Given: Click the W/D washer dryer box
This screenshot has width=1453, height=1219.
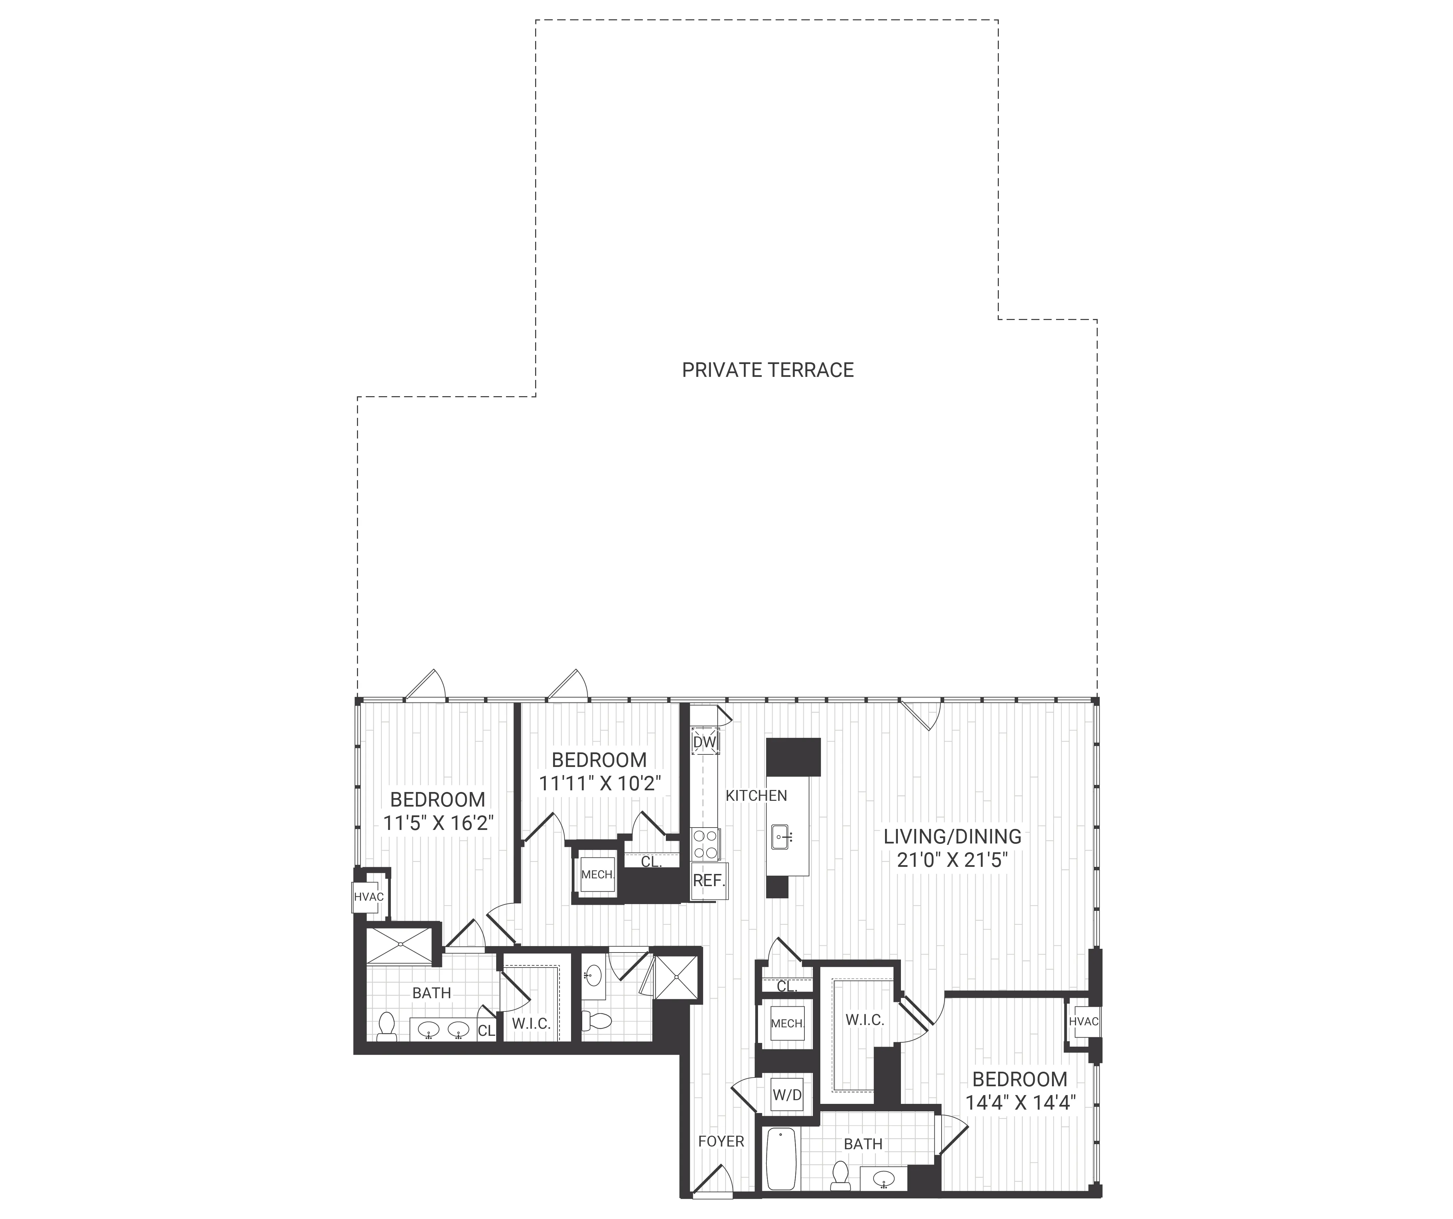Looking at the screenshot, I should [787, 1095].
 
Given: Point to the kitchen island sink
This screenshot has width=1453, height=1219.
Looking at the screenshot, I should [782, 837].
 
